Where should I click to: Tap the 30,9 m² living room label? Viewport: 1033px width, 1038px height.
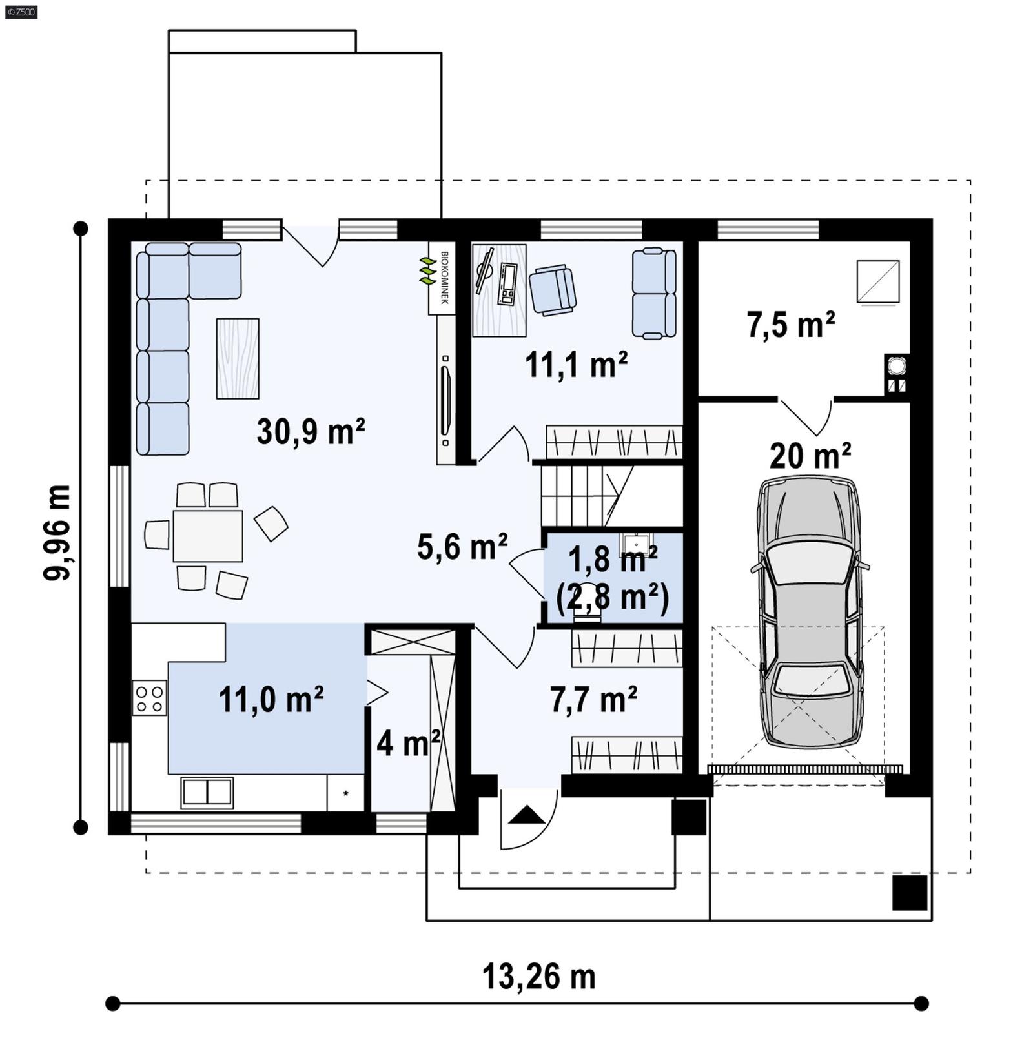click(x=311, y=431)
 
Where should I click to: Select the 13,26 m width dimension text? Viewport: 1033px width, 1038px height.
click(x=538, y=976)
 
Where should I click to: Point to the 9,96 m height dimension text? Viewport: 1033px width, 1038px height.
click(x=57, y=533)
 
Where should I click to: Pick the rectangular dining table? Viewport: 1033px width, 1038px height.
click(x=208, y=536)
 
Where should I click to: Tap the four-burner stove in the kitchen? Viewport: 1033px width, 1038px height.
click(x=149, y=698)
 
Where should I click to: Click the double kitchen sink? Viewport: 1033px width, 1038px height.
click(x=207, y=793)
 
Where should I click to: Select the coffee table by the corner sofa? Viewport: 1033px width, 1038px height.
click(x=238, y=358)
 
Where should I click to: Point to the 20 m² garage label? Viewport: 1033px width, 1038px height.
click(x=810, y=456)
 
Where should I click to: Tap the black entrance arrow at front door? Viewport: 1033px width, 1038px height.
click(x=527, y=815)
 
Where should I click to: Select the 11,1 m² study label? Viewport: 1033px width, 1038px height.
click(x=576, y=365)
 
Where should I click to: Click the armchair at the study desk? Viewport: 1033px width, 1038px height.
click(x=552, y=290)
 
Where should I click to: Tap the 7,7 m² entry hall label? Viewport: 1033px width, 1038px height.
click(x=593, y=699)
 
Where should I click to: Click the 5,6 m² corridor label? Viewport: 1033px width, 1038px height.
click(x=462, y=547)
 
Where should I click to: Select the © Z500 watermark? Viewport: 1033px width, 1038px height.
click(x=21, y=12)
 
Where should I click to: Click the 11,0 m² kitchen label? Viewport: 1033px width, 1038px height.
click(x=271, y=699)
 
